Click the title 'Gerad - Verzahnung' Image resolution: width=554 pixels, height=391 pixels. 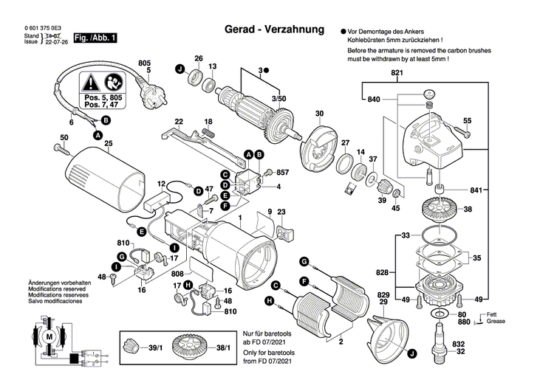(x=274, y=30)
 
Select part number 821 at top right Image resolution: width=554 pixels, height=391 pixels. (x=397, y=73)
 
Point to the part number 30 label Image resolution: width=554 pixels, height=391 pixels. (x=319, y=114)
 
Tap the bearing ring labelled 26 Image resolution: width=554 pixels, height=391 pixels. (x=198, y=76)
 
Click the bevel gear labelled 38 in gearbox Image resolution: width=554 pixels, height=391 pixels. (x=440, y=210)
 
